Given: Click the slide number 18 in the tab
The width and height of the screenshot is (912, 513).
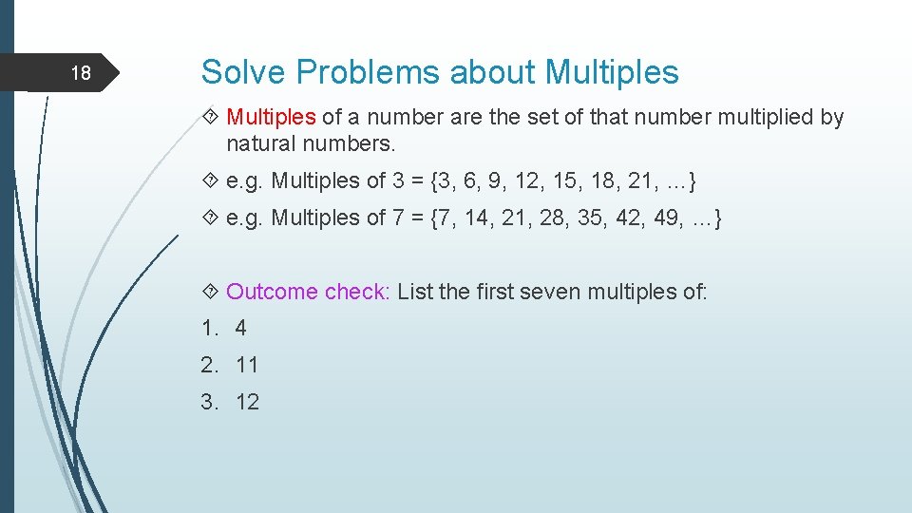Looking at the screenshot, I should click(82, 73).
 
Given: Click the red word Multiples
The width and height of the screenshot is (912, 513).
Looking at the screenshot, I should click(271, 117).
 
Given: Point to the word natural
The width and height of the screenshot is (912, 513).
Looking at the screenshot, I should click(260, 144).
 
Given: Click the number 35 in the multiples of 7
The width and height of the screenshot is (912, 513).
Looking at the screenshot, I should click(579, 218).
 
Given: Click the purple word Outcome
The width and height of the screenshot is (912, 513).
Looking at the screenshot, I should click(273, 292).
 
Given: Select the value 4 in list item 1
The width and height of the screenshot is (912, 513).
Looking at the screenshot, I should click(240, 328).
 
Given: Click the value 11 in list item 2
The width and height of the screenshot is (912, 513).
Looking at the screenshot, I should click(247, 365).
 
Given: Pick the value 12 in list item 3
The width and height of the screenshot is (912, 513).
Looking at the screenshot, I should click(247, 402).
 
